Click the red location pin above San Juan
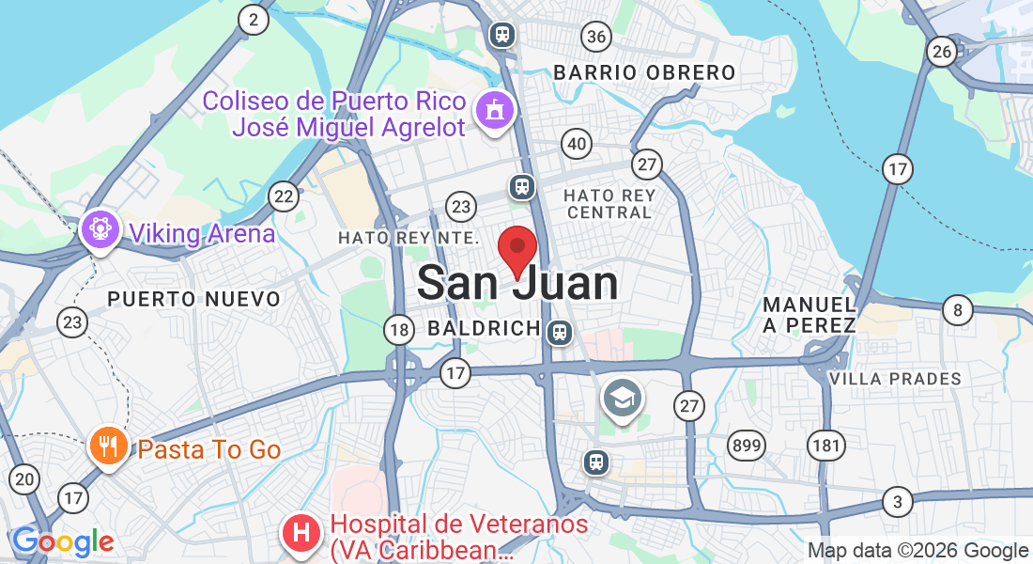(516, 249)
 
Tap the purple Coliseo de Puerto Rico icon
(495, 110)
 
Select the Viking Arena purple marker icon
(100, 229)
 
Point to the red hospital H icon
(301, 533)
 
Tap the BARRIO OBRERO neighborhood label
(644, 72)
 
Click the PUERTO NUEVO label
(193, 299)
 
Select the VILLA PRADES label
(895, 379)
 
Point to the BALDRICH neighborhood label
(484, 329)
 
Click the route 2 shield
(253, 20)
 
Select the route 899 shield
(747, 445)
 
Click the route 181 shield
(826, 445)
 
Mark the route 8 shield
(957, 309)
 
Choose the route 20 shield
(25, 479)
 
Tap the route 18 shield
(399, 329)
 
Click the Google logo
(63, 541)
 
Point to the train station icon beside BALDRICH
(560, 332)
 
